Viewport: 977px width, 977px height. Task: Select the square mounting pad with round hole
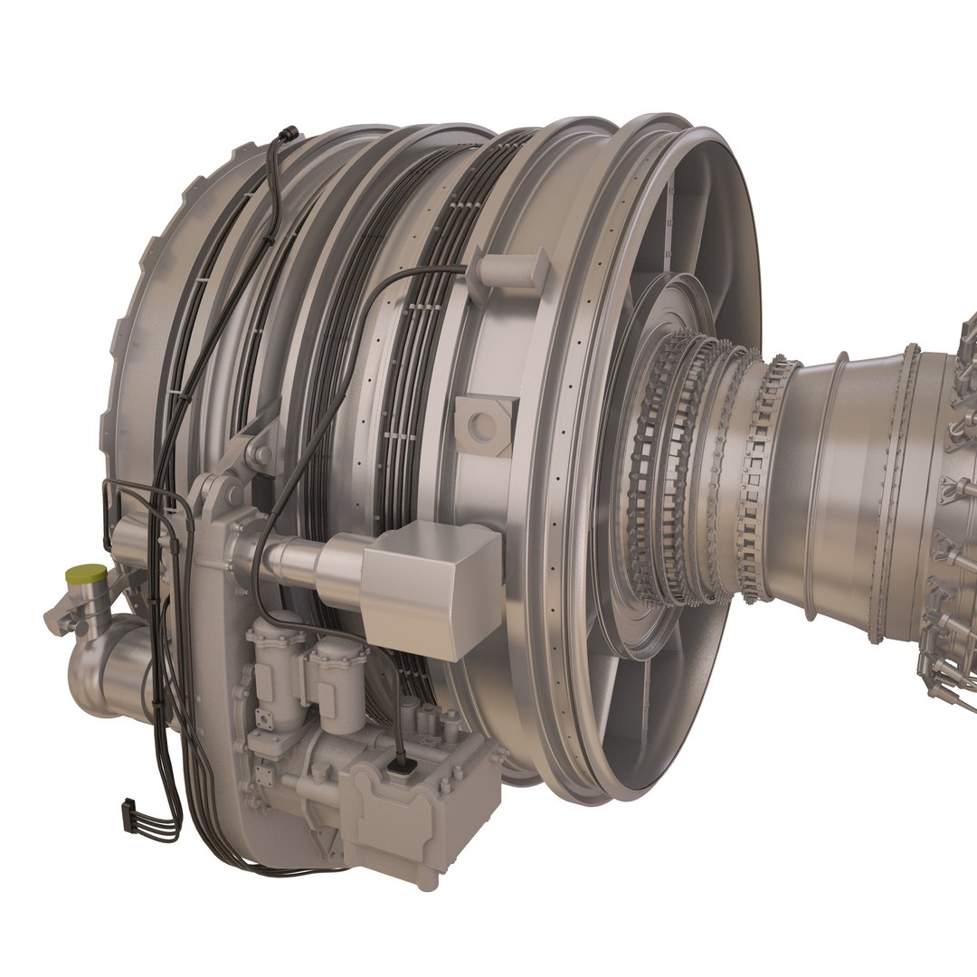click(x=485, y=422)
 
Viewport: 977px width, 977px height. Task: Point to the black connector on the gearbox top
click(x=398, y=768)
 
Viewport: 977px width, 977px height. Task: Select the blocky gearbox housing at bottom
click(x=425, y=814)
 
